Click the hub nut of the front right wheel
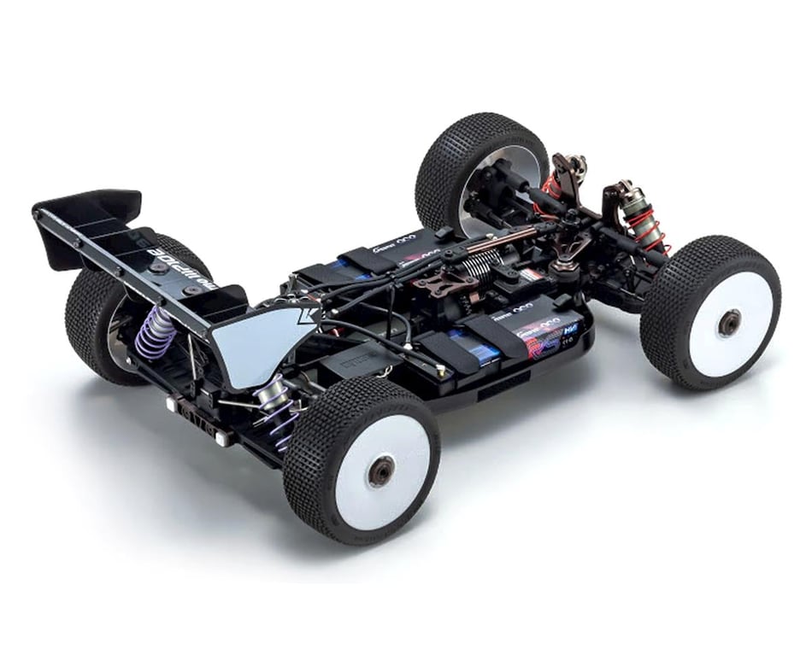tap(728, 322)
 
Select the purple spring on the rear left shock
tap(157, 330)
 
